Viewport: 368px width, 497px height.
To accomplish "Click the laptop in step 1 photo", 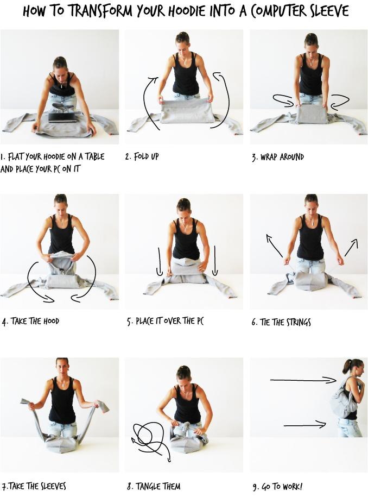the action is [63, 117].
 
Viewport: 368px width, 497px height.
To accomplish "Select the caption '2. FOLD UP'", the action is [142, 156].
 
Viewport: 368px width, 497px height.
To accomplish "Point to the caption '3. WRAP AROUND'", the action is [278, 157].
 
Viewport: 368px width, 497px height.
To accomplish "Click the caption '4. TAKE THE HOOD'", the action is [30, 322].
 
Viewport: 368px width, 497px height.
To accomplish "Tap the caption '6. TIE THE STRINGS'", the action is [281, 322].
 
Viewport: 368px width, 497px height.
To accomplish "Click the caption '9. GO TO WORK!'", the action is [277, 487].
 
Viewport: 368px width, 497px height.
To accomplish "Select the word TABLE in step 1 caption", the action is [94, 156].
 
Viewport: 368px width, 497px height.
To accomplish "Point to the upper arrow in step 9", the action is [303, 380].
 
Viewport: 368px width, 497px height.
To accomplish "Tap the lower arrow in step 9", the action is [304, 425].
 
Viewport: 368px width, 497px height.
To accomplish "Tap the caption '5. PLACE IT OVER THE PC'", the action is [165, 322].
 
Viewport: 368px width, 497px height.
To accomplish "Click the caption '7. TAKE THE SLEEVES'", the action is [34, 486].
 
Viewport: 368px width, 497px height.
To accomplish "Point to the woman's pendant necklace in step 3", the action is [312, 65].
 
